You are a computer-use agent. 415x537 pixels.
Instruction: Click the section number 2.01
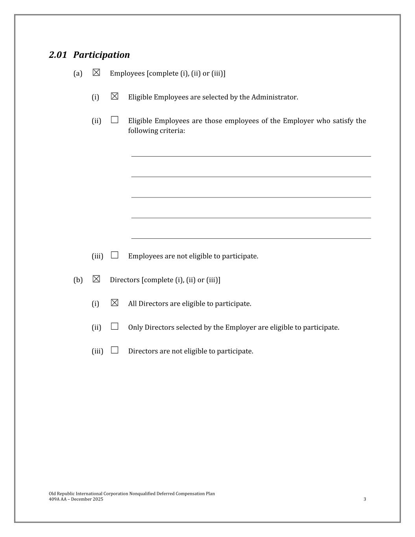coord(58,55)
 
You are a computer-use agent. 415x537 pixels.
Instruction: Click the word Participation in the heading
coord(101,55)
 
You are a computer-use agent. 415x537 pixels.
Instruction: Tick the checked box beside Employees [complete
coord(96,73)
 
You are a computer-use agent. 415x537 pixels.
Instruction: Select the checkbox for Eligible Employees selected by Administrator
coord(114,96)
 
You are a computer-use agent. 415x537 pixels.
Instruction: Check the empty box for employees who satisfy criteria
coord(114,120)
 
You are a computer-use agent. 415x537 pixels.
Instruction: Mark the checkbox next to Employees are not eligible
coord(114,255)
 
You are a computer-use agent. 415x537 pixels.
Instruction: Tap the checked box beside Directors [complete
coord(96,279)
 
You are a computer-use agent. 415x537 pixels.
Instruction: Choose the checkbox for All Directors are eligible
coord(114,303)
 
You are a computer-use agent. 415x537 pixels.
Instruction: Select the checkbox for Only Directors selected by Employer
coord(114,327)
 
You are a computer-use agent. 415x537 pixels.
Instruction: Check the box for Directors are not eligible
coord(114,350)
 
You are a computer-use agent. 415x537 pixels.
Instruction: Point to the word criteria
coord(172,131)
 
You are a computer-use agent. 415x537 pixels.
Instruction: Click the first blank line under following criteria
coord(251,156)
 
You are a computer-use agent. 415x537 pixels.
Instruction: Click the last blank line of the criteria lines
coord(251,238)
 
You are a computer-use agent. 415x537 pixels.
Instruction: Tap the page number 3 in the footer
coord(365,499)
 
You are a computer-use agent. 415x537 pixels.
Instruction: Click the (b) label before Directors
coord(78,280)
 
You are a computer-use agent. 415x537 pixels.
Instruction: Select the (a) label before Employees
coord(78,74)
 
